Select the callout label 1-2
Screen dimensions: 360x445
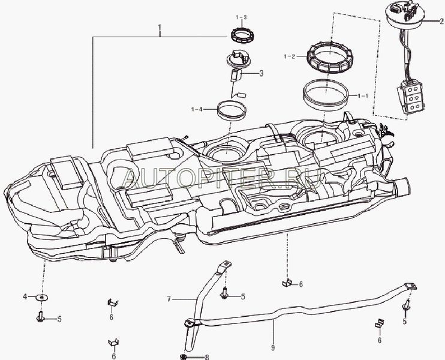[x=289, y=56]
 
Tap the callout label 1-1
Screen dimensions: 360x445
[x=363, y=95]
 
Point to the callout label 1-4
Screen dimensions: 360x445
[x=197, y=109]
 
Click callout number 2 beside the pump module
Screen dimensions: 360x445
[x=441, y=20]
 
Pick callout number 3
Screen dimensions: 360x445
[x=261, y=74]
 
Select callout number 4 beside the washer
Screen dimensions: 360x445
[x=25, y=297]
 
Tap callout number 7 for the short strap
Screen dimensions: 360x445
[x=169, y=297]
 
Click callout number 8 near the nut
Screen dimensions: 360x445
[x=207, y=358]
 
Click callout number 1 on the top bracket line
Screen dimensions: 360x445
[x=160, y=28]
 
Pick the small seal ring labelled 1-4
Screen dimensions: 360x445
[x=231, y=110]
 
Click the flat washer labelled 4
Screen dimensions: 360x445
[x=41, y=297]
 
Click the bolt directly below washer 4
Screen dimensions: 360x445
[x=41, y=316]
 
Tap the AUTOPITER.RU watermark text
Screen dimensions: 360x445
[x=222, y=175]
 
